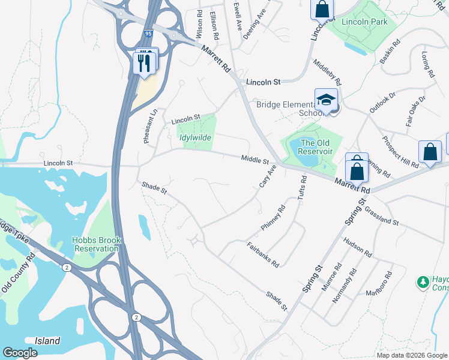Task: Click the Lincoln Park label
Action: [364, 22]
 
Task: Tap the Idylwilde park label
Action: [196, 137]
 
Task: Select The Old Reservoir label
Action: [316, 147]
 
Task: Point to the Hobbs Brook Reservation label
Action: [97, 244]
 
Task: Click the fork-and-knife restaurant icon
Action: [144, 62]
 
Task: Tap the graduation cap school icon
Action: [326, 100]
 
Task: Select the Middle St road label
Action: [255, 160]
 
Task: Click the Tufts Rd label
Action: [303, 188]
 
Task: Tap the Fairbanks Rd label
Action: [263, 255]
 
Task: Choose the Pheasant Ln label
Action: [149, 126]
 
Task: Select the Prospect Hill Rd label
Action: [400, 151]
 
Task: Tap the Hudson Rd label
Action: [358, 246]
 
